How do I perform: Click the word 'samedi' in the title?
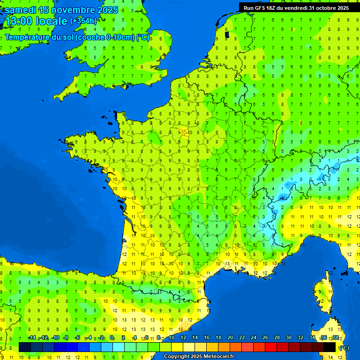pos(20,10)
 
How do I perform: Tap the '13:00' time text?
pos(18,21)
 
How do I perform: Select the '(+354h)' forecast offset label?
pos(83,21)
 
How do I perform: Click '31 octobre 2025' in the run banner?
pos(329,8)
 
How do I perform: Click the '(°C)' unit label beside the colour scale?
pos(345,348)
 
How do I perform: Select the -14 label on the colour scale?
pos(32,338)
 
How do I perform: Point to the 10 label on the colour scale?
pos(172,338)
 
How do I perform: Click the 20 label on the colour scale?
pos(230,338)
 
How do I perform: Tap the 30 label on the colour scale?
pos(289,338)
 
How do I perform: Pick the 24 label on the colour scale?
pos(254,338)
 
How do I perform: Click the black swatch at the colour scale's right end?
pos(330,347)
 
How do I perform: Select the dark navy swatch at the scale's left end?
pos(25,347)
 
